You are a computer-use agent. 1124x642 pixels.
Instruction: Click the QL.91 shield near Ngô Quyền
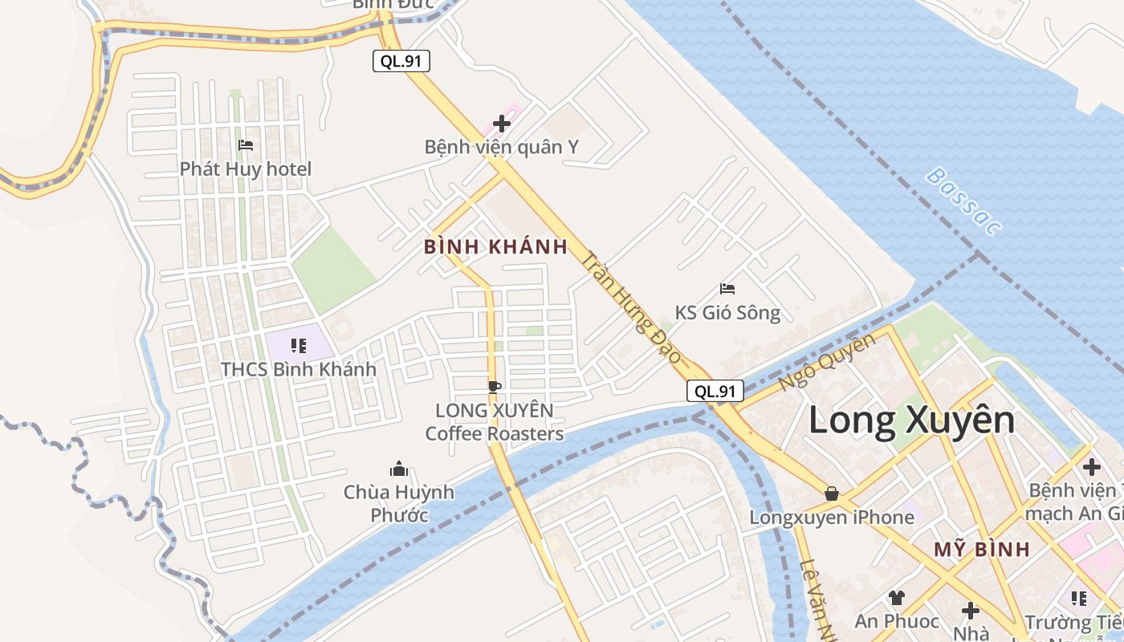[715, 391]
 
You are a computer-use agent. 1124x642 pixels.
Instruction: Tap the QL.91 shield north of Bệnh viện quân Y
[401, 61]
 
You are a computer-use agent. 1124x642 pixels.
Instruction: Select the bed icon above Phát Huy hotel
[246, 145]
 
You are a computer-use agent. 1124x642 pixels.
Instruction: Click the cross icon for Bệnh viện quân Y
[502, 124]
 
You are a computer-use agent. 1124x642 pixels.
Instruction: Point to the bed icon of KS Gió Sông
[727, 289]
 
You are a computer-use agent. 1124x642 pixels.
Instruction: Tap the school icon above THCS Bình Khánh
[299, 346]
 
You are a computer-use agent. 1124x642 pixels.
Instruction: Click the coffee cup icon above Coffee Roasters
[495, 387]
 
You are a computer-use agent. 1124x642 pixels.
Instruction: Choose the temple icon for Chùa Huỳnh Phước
[399, 469]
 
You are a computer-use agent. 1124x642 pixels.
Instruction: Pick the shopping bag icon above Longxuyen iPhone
[832, 493]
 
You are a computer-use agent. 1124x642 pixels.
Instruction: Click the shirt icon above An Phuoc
[897, 597]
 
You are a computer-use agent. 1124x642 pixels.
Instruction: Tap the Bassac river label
[963, 201]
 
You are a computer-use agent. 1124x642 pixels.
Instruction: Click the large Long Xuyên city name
[911, 421]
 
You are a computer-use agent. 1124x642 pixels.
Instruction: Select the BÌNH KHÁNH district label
[496, 246]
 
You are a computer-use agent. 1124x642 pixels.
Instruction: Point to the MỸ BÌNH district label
[981, 550]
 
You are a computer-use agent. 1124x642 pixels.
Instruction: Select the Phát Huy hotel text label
[246, 169]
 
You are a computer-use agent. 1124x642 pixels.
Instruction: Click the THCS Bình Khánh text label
[299, 370]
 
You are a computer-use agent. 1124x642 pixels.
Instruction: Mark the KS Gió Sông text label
[727, 312]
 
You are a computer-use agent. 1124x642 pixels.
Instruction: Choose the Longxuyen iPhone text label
[832, 517]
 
